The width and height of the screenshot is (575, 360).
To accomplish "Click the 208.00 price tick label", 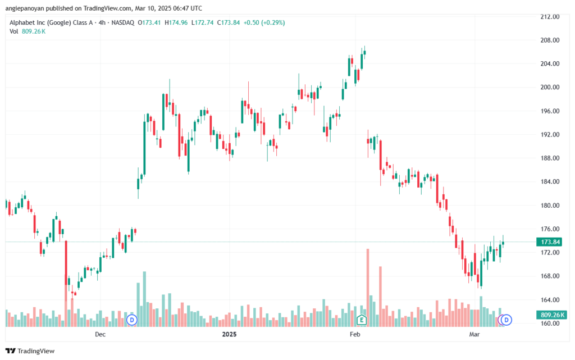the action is [x=550, y=40].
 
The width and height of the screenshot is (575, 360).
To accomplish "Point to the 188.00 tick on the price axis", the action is [x=550, y=158].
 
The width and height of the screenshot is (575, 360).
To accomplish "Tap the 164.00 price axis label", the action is [x=550, y=299].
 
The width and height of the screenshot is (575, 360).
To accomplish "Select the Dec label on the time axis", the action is [x=100, y=334].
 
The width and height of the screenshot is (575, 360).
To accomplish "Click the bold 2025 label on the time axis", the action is [x=229, y=334].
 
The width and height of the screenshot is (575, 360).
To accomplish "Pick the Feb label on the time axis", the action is [x=355, y=334].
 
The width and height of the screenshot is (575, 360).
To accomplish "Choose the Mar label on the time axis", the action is [x=474, y=334].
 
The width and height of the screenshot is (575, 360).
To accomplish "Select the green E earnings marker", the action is [x=362, y=320].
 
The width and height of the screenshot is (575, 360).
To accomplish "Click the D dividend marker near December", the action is [x=131, y=320].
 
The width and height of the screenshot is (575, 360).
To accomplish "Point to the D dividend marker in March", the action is [x=506, y=320].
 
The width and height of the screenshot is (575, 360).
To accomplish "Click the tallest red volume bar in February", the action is [x=368, y=288].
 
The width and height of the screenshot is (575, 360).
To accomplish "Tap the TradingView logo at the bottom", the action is [x=30, y=351].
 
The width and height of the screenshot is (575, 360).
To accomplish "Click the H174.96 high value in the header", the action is [x=176, y=22].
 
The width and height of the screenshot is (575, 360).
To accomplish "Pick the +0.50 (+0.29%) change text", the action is [x=264, y=22].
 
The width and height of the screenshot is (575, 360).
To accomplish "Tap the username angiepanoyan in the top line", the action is [x=25, y=8].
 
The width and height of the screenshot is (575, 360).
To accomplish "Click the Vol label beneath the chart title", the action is [x=13, y=31].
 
